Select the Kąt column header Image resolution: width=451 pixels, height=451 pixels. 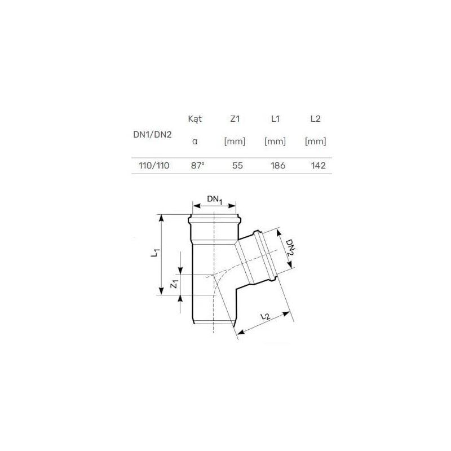point(194,119)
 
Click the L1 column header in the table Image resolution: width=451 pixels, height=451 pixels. point(275,119)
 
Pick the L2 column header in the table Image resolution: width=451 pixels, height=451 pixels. point(315,119)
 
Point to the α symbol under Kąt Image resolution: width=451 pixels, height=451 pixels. point(194,142)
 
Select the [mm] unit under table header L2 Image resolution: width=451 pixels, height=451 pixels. point(315,142)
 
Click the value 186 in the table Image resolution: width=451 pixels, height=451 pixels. point(278,166)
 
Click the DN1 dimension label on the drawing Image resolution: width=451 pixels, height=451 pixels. point(215,198)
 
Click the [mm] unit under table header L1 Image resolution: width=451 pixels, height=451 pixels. point(275,142)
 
